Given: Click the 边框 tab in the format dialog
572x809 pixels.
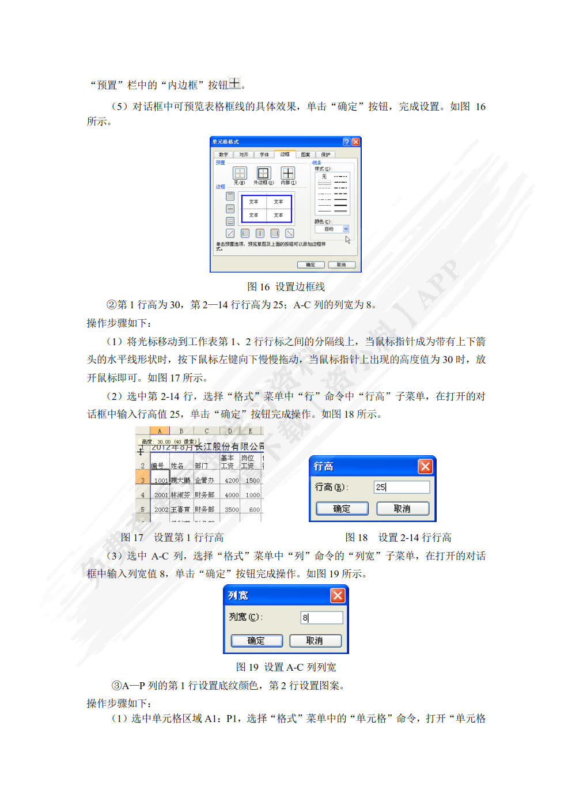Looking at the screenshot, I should (x=285, y=154).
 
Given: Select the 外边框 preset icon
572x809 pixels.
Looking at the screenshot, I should (x=263, y=173).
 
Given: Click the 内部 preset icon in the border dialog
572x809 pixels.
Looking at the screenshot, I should (x=287, y=173).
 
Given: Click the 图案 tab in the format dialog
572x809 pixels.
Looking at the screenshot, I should (x=305, y=154).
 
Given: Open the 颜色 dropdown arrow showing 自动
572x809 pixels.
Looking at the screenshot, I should (x=346, y=229).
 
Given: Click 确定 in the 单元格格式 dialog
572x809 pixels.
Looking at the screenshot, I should (x=310, y=264).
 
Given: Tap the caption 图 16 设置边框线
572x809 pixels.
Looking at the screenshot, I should (x=286, y=286).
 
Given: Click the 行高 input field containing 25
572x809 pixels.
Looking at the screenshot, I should (x=401, y=487).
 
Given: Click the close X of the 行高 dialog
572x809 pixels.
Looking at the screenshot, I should (x=425, y=466).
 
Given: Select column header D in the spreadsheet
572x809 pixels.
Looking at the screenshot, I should (x=230, y=431).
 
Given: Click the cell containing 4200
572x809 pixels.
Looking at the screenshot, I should (x=232, y=480).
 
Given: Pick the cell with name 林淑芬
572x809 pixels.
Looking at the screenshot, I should (x=180, y=495).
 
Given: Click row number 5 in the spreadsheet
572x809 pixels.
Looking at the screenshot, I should (x=143, y=509).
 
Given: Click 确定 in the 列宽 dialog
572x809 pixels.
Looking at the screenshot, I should (x=256, y=641).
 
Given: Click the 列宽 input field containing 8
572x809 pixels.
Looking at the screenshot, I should (x=321, y=618).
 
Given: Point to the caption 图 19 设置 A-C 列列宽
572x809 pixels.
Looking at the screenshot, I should (x=286, y=667).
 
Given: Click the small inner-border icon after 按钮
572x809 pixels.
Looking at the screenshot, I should (x=234, y=84).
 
